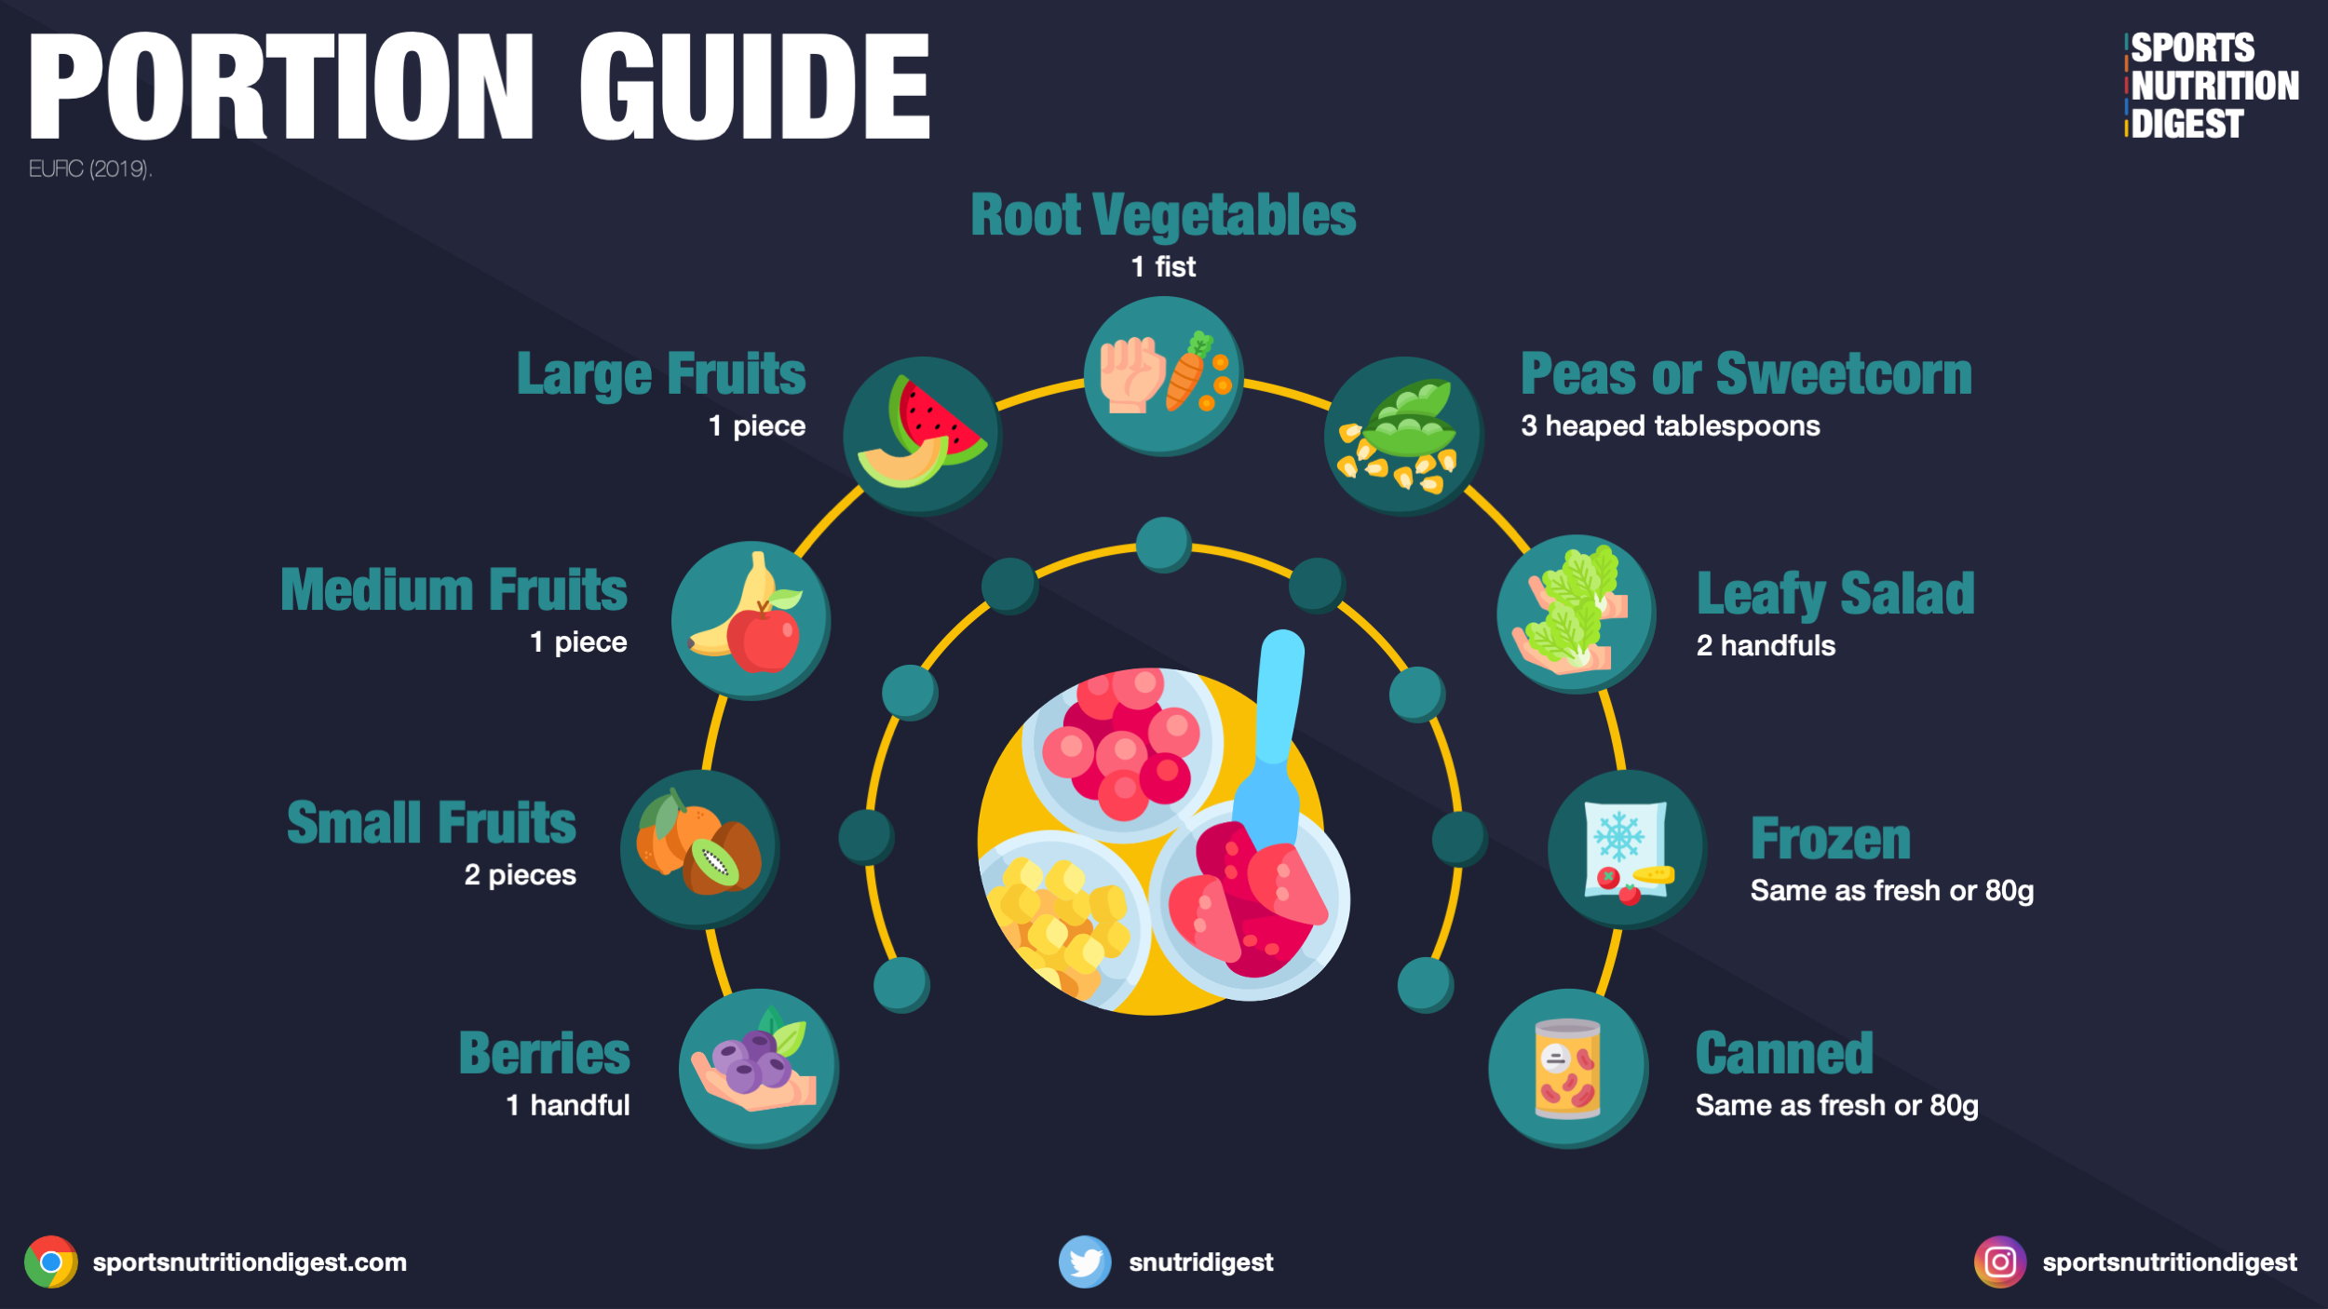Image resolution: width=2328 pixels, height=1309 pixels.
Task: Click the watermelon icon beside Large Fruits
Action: [922, 436]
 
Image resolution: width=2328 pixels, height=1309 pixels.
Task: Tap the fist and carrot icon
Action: [1163, 375]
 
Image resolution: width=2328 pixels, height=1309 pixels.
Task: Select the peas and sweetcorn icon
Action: [1402, 436]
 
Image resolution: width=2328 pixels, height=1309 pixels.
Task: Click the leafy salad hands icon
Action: [1576, 614]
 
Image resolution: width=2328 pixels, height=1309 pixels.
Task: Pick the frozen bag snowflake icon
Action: [1627, 849]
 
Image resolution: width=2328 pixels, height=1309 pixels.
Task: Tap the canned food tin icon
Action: [1568, 1068]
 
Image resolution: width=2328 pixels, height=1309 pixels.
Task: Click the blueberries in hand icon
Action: [758, 1068]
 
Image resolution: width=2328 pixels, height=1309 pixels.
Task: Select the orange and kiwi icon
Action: [699, 849]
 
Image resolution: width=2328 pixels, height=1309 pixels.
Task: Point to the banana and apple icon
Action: [751, 620]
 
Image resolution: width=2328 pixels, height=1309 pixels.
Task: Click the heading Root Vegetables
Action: [1163, 215]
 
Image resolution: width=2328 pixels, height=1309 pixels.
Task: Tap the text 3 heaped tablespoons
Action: [1670, 425]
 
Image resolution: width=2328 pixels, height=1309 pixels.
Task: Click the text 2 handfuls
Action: [1766, 645]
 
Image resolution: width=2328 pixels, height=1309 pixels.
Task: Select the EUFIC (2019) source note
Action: [90, 169]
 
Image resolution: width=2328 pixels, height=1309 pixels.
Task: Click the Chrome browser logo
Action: [51, 1262]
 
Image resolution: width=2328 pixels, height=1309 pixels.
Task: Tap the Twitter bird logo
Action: [1085, 1262]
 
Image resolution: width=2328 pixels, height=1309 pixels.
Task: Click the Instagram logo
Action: [1999, 1262]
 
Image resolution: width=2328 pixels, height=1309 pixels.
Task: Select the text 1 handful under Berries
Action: [568, 1105]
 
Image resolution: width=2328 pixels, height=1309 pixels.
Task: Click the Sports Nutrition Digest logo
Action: [2212, 86]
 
